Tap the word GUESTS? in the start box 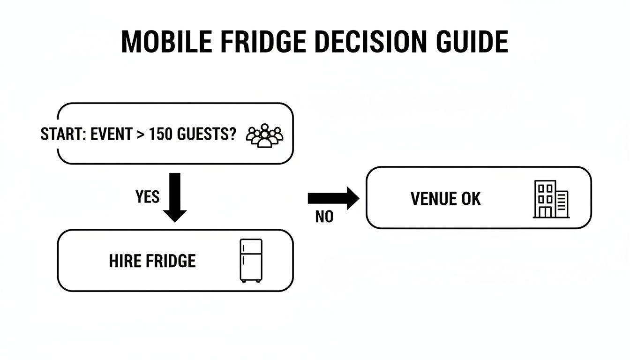coord(207,135)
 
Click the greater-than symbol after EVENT coord(140,135)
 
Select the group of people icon coord(265,136)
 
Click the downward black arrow coord(174,197)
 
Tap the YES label coord(147,197)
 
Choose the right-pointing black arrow coord(333,198)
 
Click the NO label coord(324,217)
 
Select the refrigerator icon coord(251,261)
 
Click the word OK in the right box coord(471,199)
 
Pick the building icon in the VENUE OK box coord(551,199)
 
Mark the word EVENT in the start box coord(111,135)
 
